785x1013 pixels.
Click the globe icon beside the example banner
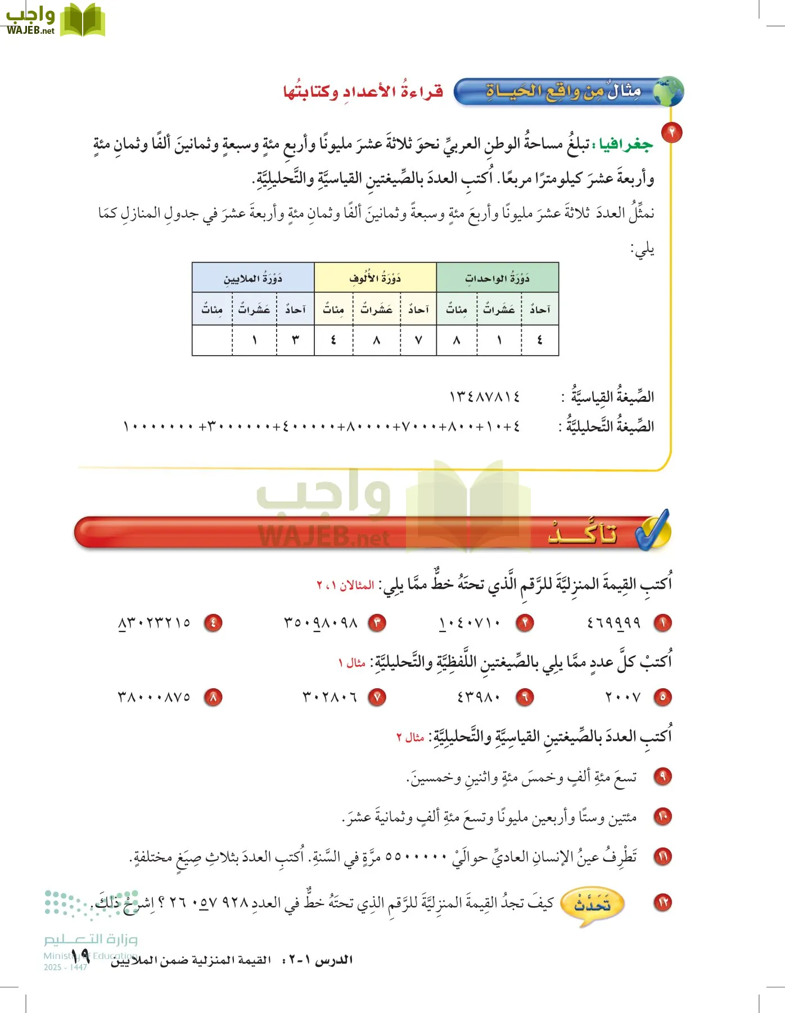coord(668,92)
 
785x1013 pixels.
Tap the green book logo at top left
coord(83,20)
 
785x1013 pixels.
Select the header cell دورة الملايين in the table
coord(253,278)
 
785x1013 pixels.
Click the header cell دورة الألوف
coord(375,278)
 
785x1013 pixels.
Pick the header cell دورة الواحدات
coord(497,278)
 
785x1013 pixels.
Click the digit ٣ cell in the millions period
coord(295,340)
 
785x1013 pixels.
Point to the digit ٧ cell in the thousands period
coord(418,340)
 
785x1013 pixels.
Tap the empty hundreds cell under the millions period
coord(212,340)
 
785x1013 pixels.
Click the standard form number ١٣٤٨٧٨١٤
coord(484,397)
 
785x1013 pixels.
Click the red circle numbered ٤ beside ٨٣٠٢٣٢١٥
coord(213,622)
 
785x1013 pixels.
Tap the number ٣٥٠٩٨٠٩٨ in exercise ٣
coord(321,622)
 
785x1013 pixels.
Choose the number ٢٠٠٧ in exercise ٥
coord(622,697)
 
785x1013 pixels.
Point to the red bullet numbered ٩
coord(663,777)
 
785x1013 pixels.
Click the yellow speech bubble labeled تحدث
coord(592,904)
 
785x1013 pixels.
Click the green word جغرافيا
coord(625,145)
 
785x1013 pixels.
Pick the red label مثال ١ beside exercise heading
coord(352,663)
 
